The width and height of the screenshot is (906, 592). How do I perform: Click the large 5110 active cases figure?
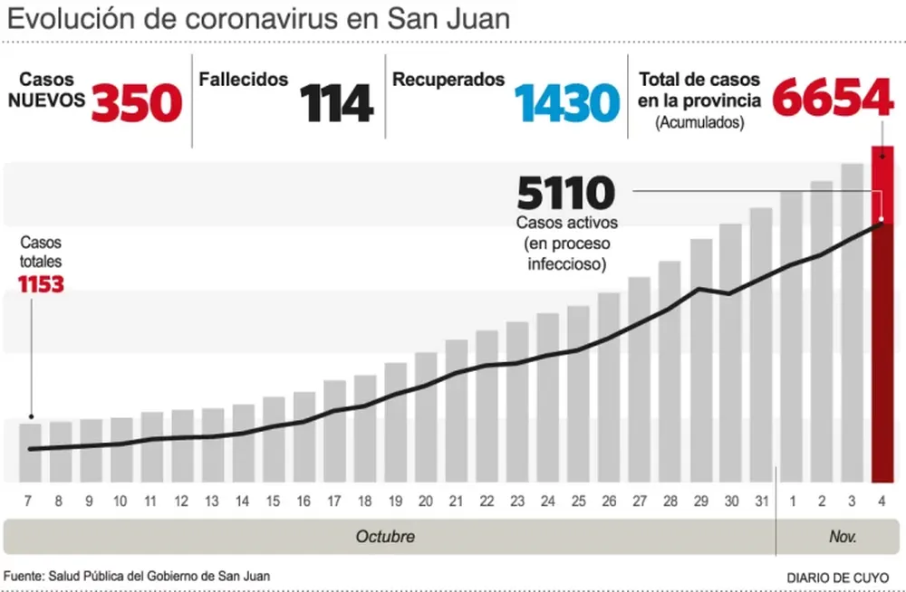pos(565,192)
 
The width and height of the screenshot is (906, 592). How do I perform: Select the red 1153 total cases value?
pos(41,285)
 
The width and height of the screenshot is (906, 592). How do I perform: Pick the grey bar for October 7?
pos(31,453)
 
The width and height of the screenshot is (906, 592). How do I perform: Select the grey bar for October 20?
pos(426,416)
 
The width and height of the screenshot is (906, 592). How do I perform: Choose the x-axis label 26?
pos(609,501)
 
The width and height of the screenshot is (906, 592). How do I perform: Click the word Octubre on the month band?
pos(385,537)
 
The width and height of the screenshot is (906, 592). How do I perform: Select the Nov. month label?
pos(843,537)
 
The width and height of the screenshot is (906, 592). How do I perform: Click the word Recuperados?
pos(448,80)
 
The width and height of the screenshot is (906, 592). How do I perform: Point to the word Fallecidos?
pos(244,80)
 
